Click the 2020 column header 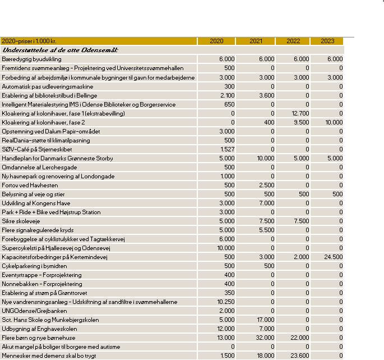coord(216,41)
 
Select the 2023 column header coord(327,41)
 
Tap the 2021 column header coord(255,41)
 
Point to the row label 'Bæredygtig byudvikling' coord(32,59)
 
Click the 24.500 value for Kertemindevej coord(333,257)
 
